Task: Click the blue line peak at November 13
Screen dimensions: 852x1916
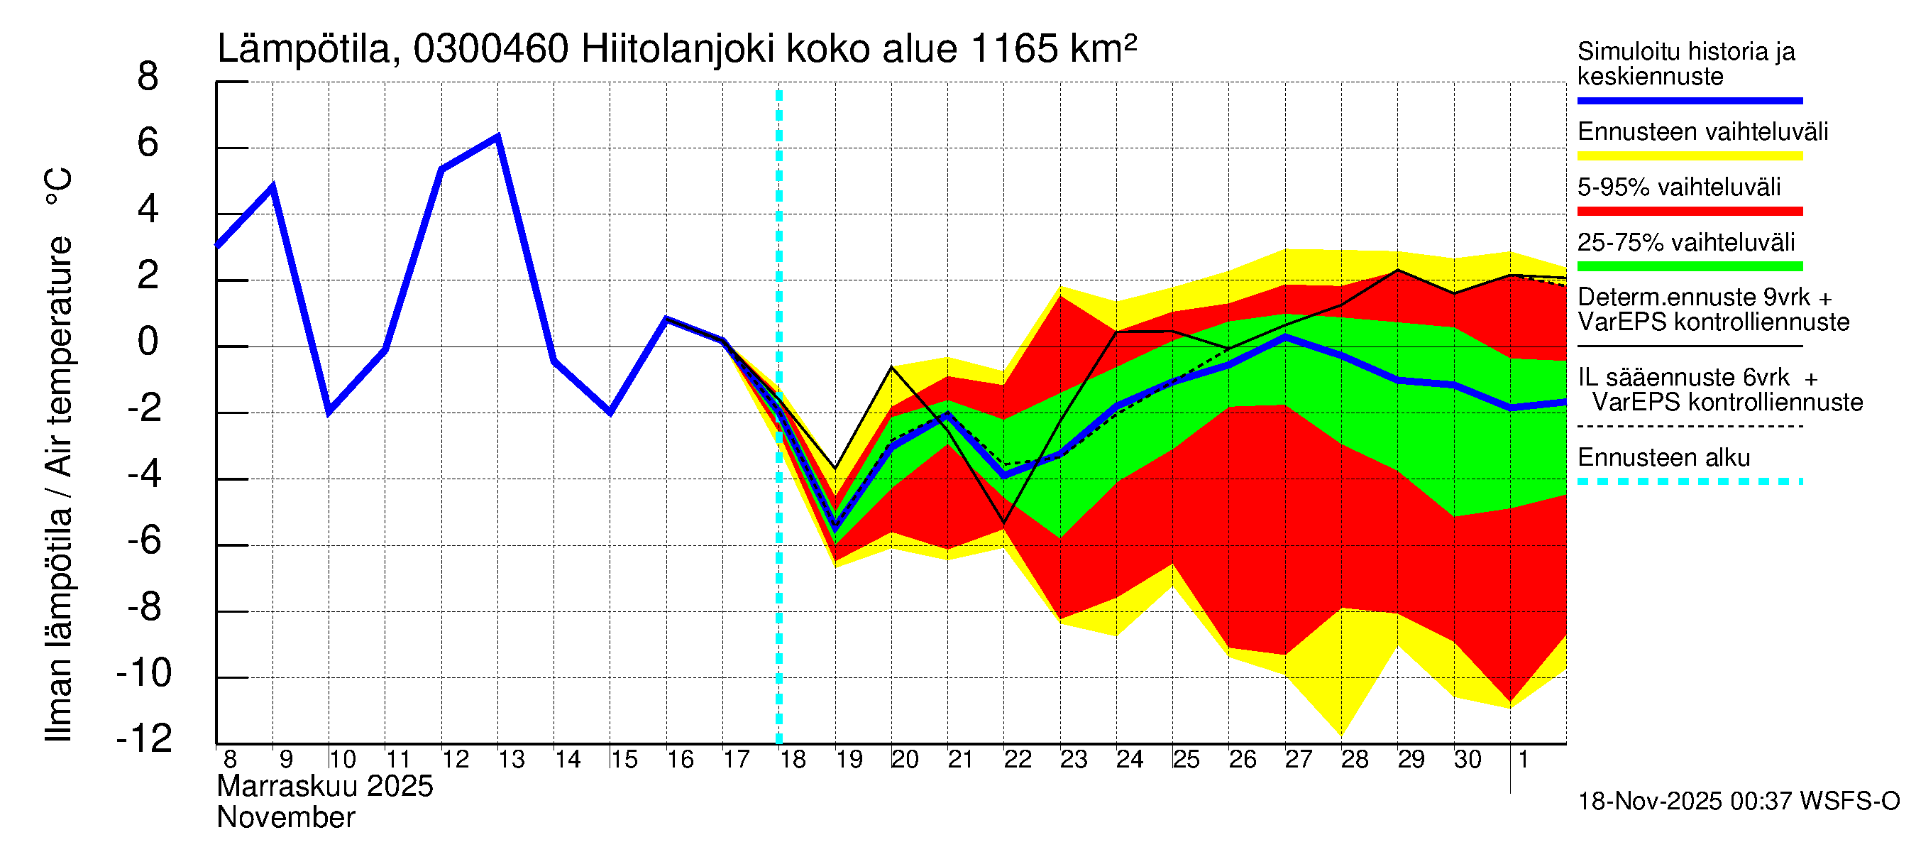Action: point(497,136)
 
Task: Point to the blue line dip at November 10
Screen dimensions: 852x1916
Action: point(329,412)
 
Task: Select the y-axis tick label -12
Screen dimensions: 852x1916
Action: point(144,738)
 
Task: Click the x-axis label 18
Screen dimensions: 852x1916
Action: point(793,760)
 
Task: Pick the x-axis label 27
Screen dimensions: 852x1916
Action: point(1299,760)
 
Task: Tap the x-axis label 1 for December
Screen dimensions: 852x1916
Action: point(1523,760)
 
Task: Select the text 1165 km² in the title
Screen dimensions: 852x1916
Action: point(1052,50)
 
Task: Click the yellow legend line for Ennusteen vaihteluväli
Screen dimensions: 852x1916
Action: point(1689,156)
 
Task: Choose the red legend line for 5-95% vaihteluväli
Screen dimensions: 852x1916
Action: point(1689,212)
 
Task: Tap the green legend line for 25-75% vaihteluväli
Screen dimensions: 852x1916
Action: point(1689,266)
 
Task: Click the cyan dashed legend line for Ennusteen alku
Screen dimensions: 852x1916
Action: point(1689,481)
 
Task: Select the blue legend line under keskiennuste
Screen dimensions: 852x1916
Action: point(1689,100)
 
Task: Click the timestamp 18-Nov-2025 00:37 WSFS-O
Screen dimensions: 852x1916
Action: point(1738,802)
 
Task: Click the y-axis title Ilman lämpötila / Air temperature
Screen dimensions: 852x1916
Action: point(60,454)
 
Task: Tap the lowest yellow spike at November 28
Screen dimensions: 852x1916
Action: point(1342,735)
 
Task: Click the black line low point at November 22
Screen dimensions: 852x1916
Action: point(1004,523)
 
